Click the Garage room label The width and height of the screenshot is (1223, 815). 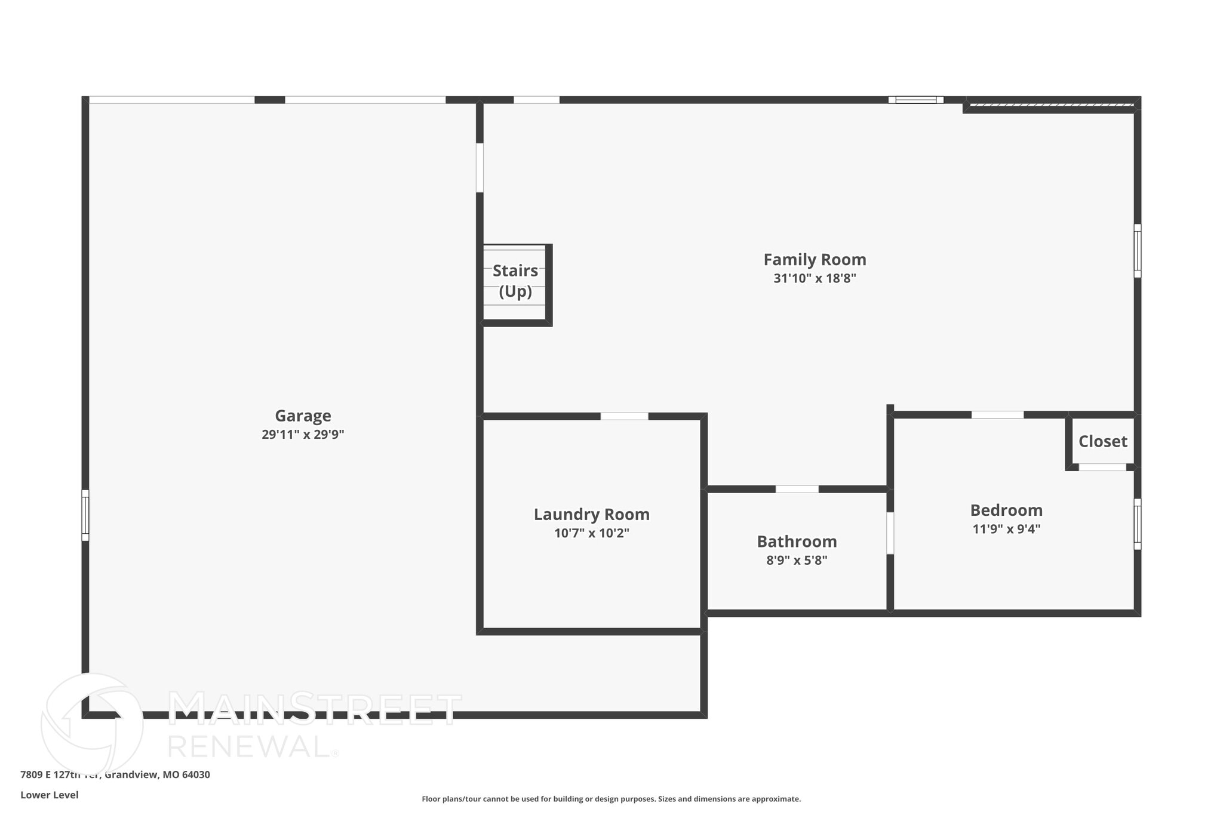pos(303,416)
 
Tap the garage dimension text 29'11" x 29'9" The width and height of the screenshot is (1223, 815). pos(303,435)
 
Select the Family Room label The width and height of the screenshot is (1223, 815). pos(815,260)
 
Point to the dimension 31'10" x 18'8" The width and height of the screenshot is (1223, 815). pos(815,278)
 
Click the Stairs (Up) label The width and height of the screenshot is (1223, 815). pos(515,281)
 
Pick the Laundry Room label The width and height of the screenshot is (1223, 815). pos(591,514)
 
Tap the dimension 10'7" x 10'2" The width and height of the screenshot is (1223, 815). pos(591,533)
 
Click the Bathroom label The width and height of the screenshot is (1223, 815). pos(797,542)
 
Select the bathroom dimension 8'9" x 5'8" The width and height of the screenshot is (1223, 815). pos(797,561)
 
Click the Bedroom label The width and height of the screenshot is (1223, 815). pos(1006,510)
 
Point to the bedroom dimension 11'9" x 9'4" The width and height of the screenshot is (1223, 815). pos(1006,529)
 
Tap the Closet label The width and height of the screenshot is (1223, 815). pos(1102,441)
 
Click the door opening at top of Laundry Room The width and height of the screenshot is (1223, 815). pos(624,416)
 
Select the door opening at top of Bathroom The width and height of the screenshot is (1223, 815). pos(797,489)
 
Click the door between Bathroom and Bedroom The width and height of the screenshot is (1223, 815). pos(890,533)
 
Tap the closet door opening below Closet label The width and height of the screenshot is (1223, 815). pos(1102,468)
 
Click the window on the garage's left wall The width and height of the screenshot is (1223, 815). pos(85,515)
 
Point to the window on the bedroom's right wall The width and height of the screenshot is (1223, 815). pos(1137,524)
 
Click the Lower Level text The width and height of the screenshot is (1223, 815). pos(50,795)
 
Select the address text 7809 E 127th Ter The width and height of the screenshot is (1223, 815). pos(60,775)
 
